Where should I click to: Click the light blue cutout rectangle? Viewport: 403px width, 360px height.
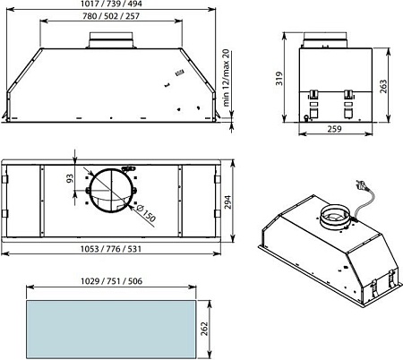[112, 327]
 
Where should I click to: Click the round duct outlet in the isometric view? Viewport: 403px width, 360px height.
[336, 217]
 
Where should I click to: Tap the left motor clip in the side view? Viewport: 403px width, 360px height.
[314, 98]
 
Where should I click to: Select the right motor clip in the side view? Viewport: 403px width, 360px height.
[348, 98]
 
